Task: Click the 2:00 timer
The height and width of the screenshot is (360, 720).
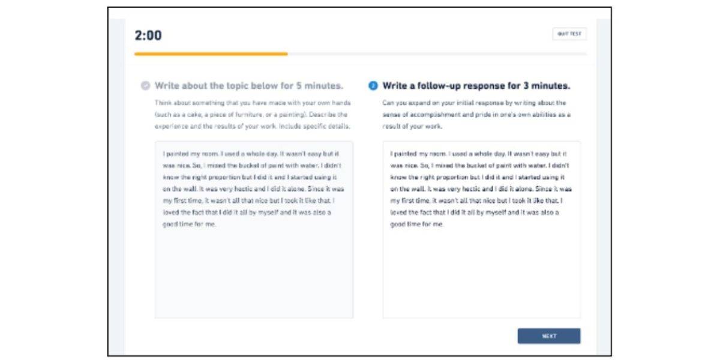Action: point(148,35)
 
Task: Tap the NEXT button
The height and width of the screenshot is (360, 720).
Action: point(548,336)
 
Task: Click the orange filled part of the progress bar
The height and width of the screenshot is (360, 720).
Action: point(211,54)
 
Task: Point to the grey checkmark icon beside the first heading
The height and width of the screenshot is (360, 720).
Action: point(145,86)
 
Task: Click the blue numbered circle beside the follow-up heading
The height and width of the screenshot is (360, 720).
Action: point(373,86)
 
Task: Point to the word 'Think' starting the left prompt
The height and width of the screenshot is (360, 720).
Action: point(163,103)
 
